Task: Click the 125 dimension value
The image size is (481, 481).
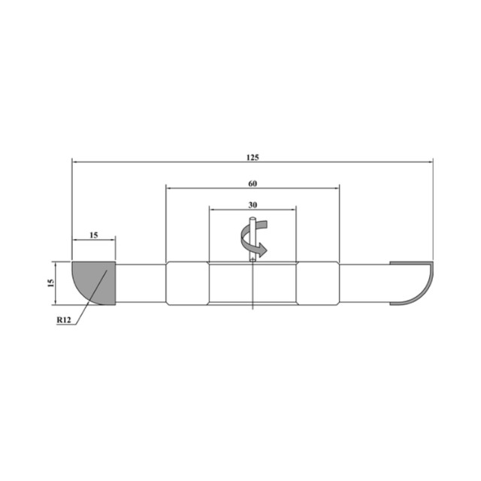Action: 253,157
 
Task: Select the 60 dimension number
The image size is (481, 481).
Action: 253,183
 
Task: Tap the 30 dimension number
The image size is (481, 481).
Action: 253,204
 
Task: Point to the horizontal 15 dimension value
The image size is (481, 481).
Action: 93,235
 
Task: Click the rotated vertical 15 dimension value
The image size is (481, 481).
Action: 51,283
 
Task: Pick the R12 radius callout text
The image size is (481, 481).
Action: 64,320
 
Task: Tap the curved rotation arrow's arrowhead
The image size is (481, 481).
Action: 262,250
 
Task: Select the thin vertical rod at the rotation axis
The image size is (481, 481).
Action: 253,239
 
